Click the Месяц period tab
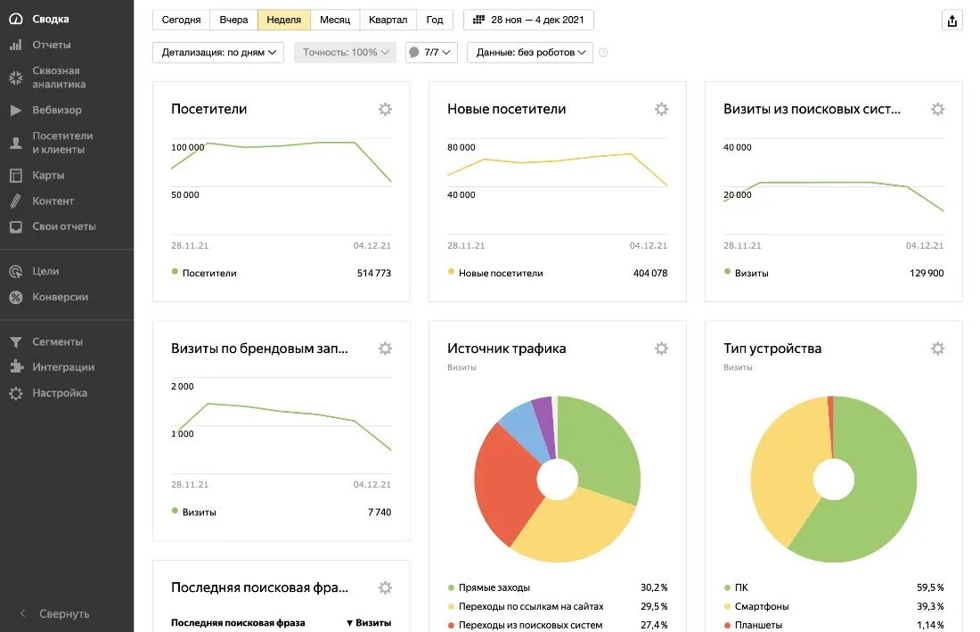(x=335, y=20)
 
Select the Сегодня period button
(x=181, y=20)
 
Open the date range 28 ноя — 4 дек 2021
(x=528, y=20)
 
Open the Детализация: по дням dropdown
(x=218, y=53)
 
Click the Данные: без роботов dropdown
(x=530, y=53)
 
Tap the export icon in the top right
(x=952, y=21)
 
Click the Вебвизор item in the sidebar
(x=57, y=111)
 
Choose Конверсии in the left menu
(x=60, y=297)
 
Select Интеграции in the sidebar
(x=63, y=367)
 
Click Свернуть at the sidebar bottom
(x=64, y=614)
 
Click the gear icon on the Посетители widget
(x=385, y=109)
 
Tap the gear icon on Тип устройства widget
(x=937, y=349)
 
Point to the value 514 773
(x=373, y=273)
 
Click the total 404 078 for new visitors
(x=649, y=273)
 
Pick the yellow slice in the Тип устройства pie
(x=780, y=472)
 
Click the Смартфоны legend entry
(x=762, y=606)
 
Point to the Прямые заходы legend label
(x=494, y=587)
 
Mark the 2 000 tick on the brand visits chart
(x=182, y=386)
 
